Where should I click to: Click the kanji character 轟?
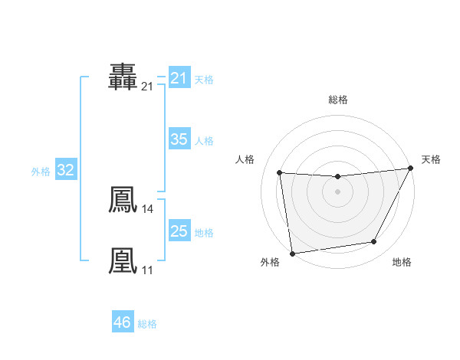click(x=123, y=77)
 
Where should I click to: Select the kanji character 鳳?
click(x=123, y=200)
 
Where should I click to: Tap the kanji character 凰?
click(x=123, y=260)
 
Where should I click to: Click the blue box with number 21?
click(x=179, y=78)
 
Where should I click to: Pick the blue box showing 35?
click(x=179, y=139)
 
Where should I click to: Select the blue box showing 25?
click(x=179, y=231)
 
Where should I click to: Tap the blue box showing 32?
click(x=65, y=170)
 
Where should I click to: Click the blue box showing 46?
click(x=122, y=322)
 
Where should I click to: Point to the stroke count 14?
click(x=147, y=208)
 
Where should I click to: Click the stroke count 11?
click(x=147, y=270)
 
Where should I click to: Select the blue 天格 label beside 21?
click(x=204, y=79)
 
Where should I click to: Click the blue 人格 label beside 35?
click(x=204, y=141)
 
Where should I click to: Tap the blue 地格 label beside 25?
click(x=204, y=233)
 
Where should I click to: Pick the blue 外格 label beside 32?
click(x=41, y=172)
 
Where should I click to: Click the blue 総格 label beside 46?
click(x=147, y=324)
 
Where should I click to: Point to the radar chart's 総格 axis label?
click(x=338, y=100)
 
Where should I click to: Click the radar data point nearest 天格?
click(x=411, y=169)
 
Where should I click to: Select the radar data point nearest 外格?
click(x=292, y=253)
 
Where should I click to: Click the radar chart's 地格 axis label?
click(x=402, y=262)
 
